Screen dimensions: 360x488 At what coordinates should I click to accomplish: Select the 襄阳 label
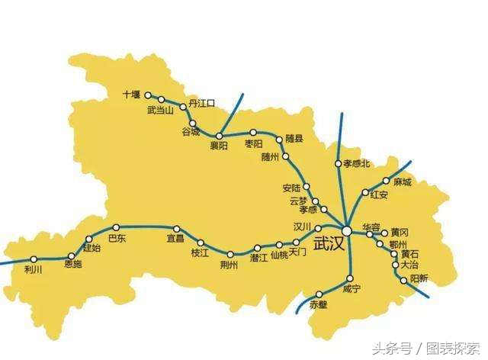(x=220, y=149)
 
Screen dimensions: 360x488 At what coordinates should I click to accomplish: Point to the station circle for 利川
(x=34, y=259)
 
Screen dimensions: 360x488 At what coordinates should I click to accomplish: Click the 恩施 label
(x=73, y=265)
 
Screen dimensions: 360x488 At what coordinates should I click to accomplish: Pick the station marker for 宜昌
(x=177, y=228)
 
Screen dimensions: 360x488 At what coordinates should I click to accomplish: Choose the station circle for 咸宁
(x=350, y=278)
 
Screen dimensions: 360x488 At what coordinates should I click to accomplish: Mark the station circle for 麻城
(x=387, y=182)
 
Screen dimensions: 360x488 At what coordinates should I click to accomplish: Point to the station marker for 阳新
(x=404, y=281)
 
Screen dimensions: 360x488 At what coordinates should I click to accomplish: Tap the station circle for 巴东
(x=116, y=227)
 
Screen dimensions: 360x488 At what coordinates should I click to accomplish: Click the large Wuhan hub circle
(x=347, y=230)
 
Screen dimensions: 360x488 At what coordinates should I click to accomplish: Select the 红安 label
(x=379, y=195)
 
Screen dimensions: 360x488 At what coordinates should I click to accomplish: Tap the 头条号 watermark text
(x=392, y=348)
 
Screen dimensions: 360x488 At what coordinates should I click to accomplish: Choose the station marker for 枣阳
(x=253, y=132)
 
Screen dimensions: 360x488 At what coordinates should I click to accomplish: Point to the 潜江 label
(x=259, y=259)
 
